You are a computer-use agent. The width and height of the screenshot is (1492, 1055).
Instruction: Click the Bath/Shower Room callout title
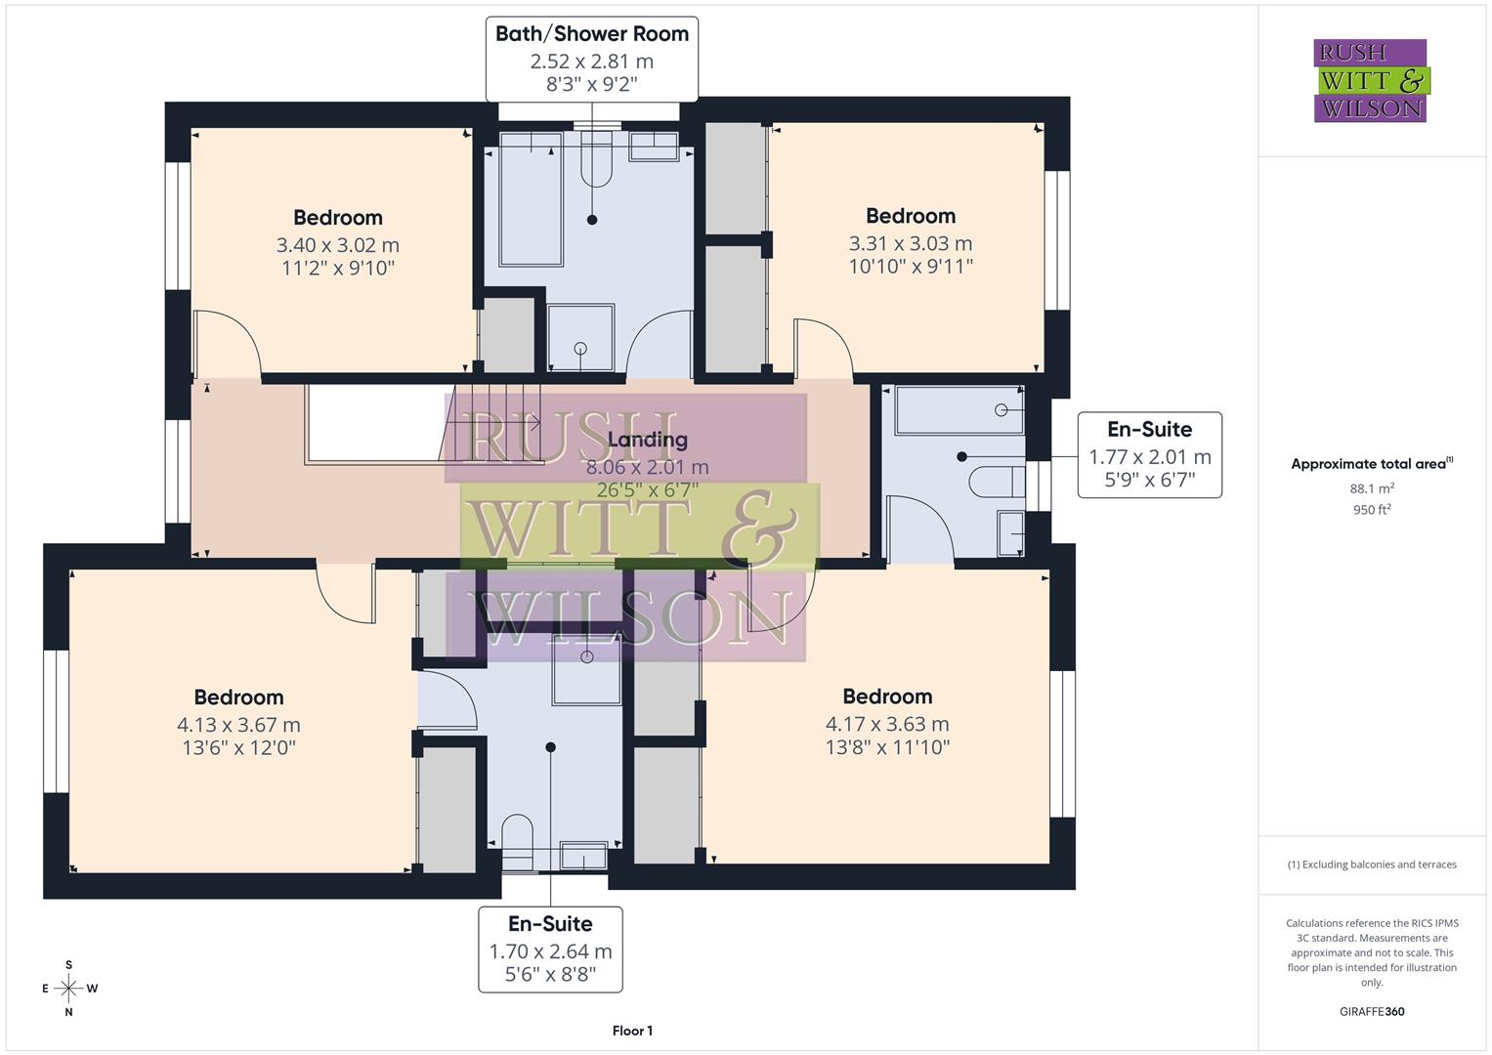coord(591,34)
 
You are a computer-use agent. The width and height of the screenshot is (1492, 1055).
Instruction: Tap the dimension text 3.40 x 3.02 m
coord(337,245)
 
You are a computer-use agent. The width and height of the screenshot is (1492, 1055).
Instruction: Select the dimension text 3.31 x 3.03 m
coord(910,243)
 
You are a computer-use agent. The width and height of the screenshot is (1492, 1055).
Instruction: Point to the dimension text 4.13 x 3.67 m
coord(238,725)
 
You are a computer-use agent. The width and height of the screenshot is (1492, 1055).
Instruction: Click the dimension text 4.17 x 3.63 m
coord(886,724)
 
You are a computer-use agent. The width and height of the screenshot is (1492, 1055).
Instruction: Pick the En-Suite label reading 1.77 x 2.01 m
coord(1149,429)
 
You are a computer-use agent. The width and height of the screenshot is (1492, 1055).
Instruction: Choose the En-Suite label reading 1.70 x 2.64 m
coord(550,924)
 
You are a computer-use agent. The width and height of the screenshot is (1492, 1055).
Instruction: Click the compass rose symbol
coord(68,989)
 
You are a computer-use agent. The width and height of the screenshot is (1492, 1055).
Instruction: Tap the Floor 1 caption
coord(632,1031)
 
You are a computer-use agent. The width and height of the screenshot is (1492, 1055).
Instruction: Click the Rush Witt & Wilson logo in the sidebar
coord(1370,81)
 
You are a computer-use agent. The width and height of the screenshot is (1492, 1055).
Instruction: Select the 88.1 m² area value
coord(1371,488)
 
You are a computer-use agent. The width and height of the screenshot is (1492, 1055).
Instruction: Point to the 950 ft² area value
coord(1371,510)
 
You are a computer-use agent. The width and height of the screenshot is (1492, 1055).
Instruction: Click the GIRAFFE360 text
coord(1371,1011)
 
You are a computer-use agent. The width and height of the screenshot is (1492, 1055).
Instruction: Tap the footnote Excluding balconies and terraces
coord(1371,865)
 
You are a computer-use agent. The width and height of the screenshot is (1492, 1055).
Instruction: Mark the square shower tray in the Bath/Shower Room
coord(581,338)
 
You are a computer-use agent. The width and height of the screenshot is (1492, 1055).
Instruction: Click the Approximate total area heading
coord(1371,464)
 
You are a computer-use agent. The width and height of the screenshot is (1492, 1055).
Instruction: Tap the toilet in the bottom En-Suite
coord(517,837)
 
